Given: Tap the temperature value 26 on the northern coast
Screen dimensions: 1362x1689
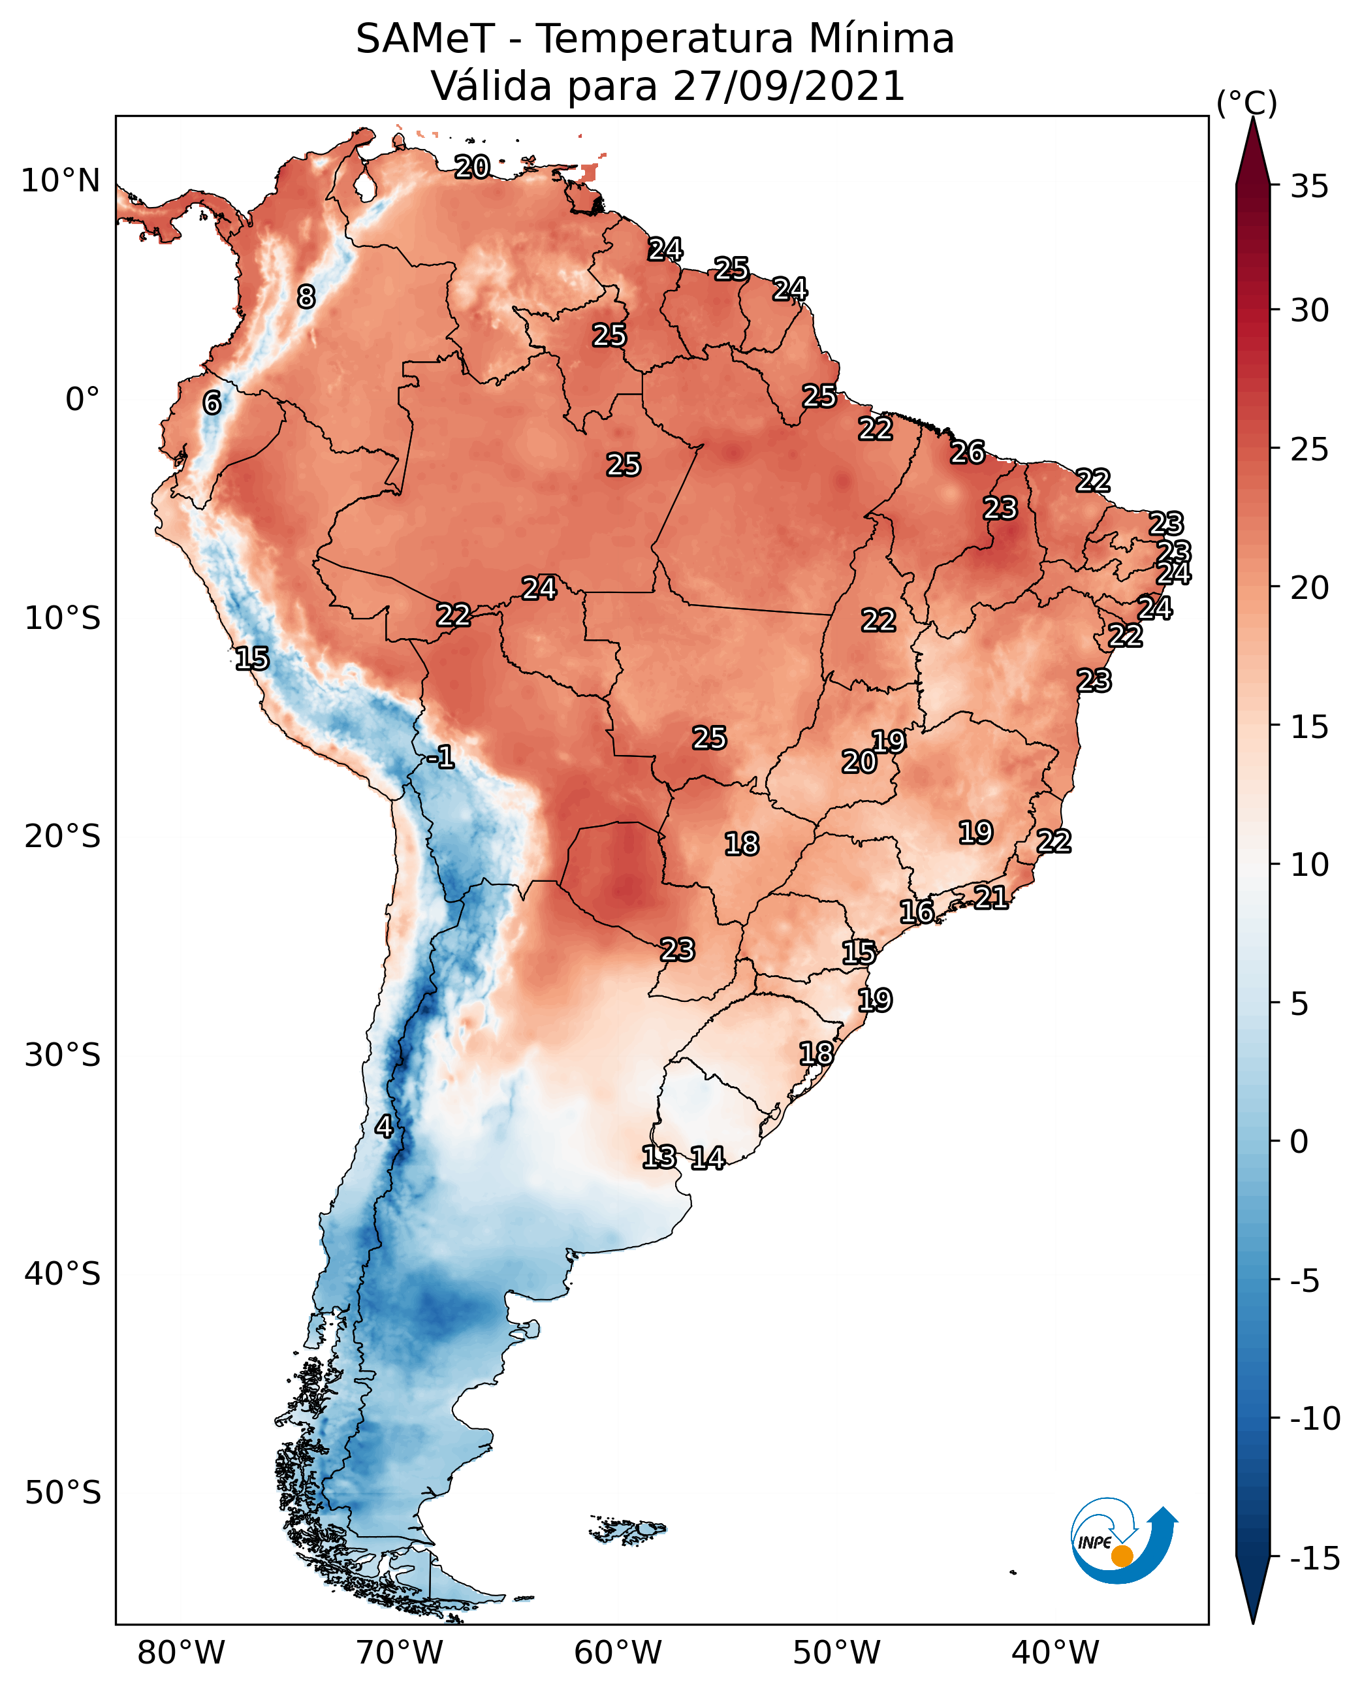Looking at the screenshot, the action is click(x=968, y=453).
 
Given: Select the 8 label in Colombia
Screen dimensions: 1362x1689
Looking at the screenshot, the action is click(x=306, y=297).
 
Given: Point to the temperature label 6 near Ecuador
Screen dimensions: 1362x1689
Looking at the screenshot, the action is click(x=212, y=402).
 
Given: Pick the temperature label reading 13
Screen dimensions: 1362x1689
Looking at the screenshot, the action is click(x=659, y=1157).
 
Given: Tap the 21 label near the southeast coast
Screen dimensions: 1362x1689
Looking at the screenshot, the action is click(x=991, y=897).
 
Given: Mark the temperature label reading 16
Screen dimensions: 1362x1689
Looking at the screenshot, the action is click(x=916, y=912).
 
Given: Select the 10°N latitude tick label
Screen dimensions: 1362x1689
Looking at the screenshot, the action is click(x=61, y=182).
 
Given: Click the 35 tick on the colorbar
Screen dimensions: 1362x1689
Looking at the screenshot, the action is click(x=1309, y=187).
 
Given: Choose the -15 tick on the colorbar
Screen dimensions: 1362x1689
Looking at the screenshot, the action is click(x=1315, y=1558).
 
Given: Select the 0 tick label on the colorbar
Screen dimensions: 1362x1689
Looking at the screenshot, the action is click(x=1299, y=1141).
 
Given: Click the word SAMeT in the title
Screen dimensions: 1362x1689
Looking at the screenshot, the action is click(x=425, y=39).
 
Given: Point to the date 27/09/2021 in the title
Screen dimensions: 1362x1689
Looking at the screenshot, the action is click(x=789, y=86).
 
